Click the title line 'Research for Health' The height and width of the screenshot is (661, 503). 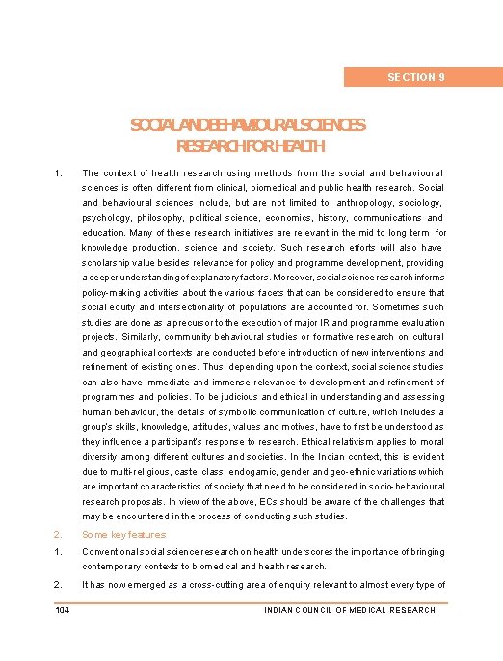click(x=251, y=146)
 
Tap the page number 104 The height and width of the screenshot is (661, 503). click(x=62, y=609)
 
